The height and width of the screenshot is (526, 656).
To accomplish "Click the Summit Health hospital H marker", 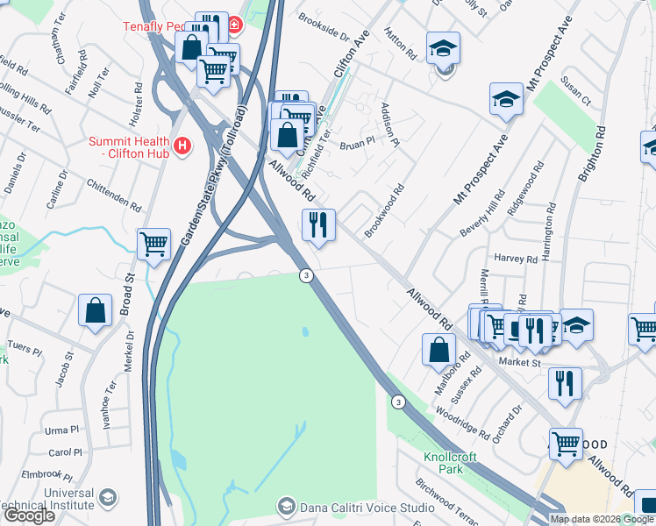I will coord(182,146).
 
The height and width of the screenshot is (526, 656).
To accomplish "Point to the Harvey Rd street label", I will coord(516,259).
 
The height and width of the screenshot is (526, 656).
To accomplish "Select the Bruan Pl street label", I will coord(357,143).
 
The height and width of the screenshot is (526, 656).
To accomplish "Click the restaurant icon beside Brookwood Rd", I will coord(318,224).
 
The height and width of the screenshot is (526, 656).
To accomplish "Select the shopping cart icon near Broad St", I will coord(153,244).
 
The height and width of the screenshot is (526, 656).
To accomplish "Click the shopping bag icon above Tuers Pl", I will coord(96,310).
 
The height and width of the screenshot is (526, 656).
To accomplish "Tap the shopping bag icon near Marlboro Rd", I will coord(439,349).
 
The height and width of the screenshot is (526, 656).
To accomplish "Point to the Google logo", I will coord(29,515).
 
